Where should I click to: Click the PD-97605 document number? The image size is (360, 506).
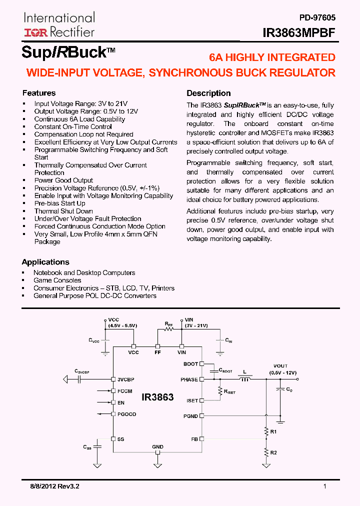[317, 17]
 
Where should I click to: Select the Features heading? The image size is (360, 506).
[39, 93]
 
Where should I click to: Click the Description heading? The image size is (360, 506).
[208, 93]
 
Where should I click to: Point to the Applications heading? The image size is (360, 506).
[45, 262]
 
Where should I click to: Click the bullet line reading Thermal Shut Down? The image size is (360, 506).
[63, 211]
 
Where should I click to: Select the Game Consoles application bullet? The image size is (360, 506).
[57, 280]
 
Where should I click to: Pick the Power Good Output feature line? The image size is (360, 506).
[63, 180]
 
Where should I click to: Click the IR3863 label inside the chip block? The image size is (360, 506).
[157, 397]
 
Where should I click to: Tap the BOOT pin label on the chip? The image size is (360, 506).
[190, 364]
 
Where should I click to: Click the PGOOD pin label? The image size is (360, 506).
[126, 414]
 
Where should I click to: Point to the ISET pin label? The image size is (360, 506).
[191, 400]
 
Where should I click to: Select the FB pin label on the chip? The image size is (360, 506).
[194, 438]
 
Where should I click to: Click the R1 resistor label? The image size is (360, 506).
[273, 431]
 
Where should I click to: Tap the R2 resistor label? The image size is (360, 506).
[273, 452]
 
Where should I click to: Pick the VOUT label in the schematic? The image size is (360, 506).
[280, 366]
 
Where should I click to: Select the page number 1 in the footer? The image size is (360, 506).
[325, 486]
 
